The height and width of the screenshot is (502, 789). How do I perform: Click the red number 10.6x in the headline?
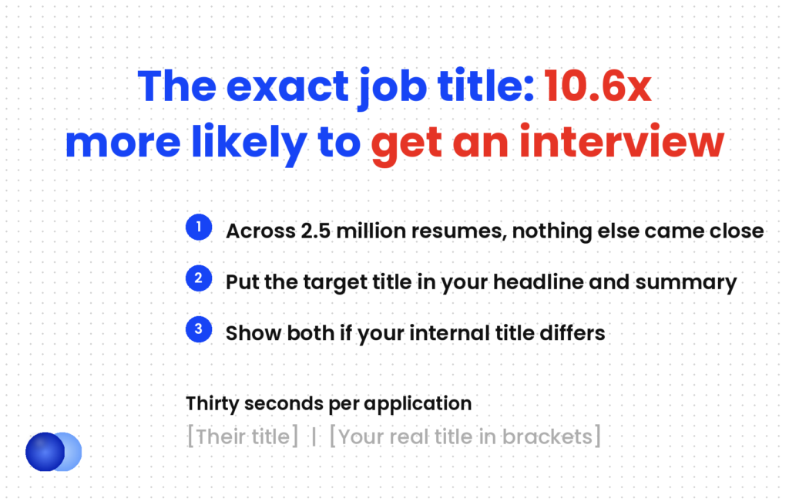pyautogui.click(x=598, y=86)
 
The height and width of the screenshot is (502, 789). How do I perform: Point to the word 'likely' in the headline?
pyautogui.click(x=249, y=144)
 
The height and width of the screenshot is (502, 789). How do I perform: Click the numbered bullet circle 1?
pyautogui.click(x=199, y=227)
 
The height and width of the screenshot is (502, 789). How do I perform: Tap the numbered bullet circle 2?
pyautogui.click(x=199, y=278)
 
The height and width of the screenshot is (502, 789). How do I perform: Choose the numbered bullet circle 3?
pyautogui.click(x=199, y=329)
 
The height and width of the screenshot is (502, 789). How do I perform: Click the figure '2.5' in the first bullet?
pyautogui.click(x=315, y=231)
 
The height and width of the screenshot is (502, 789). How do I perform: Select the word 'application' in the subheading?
pyautogui.click(x=418, y=404)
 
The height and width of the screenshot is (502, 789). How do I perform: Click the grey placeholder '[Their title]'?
pyautogui.click(x=243, y=436)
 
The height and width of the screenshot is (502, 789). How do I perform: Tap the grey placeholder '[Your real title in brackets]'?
pyautogui.click(x=465, y=436)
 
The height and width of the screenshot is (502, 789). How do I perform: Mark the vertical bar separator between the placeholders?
pyautogui.click(x=314, y=436)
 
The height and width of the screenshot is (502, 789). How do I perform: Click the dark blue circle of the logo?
pyautogui.click(x=45, y=452)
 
